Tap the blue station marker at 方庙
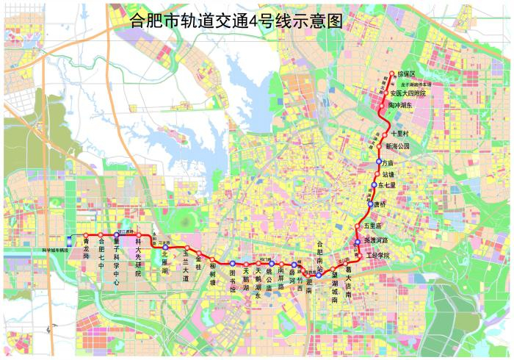pos(377,162)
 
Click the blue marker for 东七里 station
pos(374,185)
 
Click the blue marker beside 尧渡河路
pos(358,241)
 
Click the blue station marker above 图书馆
pos(231,263)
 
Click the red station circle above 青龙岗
pos(86,235)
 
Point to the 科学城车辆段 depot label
pos(53,250)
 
